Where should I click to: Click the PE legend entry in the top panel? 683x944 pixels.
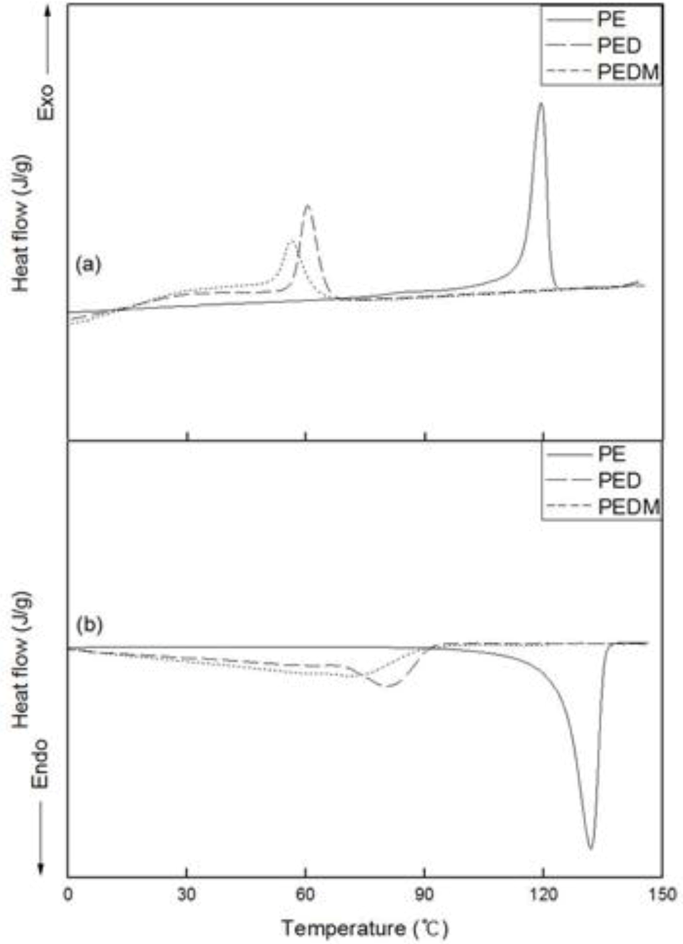[x=611, y=19]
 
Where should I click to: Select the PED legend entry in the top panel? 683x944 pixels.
[x=619, y=45]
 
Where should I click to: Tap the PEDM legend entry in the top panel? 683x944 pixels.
[x=627, y=72]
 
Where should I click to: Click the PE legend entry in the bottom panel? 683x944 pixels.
[x=611, y=454]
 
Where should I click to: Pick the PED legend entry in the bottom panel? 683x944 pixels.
[x=619, y=481]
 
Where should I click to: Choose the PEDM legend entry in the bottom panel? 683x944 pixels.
[x=628, y=507]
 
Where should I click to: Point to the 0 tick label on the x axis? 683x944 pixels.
[x=68, y=894]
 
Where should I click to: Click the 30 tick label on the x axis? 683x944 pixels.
[x=187, y=894]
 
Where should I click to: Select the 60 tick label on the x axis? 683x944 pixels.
[x=305, y=894]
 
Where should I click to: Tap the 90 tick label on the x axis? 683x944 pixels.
[x=424, y=894]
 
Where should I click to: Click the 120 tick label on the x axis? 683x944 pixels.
[x=543, y=894]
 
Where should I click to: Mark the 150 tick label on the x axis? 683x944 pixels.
[x=662, y=894]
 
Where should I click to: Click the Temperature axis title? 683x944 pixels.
[x=364, y=927]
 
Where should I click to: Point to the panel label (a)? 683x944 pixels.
[x=88, y=265]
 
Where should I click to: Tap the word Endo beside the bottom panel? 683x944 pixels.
[x=41, y=763]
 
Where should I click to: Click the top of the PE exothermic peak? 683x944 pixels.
[x=541, y=103]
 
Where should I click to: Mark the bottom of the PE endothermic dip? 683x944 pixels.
[x=590, y=848]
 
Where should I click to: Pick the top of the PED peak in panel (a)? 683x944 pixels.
[x=307, y=205]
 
